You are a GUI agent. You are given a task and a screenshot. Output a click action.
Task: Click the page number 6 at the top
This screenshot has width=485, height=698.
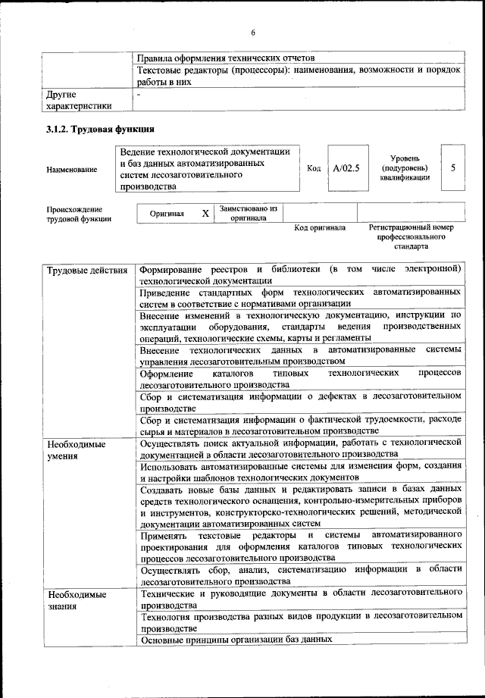pos(254,33)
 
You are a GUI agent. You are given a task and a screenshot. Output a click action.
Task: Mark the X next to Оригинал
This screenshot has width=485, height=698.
pos(205,214)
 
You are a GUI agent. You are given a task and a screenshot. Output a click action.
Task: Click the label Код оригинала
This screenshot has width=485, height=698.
pos(320,227)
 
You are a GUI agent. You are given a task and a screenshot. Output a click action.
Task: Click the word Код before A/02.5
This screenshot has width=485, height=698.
pos(314,168)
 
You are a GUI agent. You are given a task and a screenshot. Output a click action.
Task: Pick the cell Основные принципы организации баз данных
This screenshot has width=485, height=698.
pos(236,639)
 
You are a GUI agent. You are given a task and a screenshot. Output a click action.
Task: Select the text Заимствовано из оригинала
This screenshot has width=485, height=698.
pos(248,213)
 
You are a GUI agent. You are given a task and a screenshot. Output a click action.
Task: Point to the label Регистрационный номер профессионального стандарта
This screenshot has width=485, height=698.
pos(411,236)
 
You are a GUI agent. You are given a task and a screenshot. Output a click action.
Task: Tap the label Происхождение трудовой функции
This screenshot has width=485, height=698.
pos(74,214)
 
